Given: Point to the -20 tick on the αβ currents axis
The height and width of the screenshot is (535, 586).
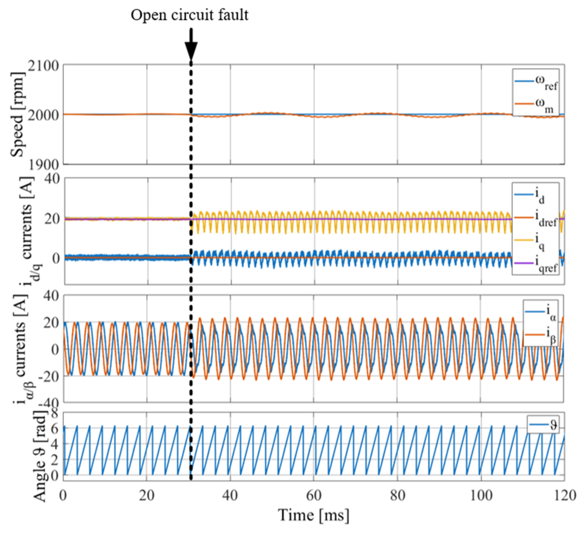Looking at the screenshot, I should point(48,376).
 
